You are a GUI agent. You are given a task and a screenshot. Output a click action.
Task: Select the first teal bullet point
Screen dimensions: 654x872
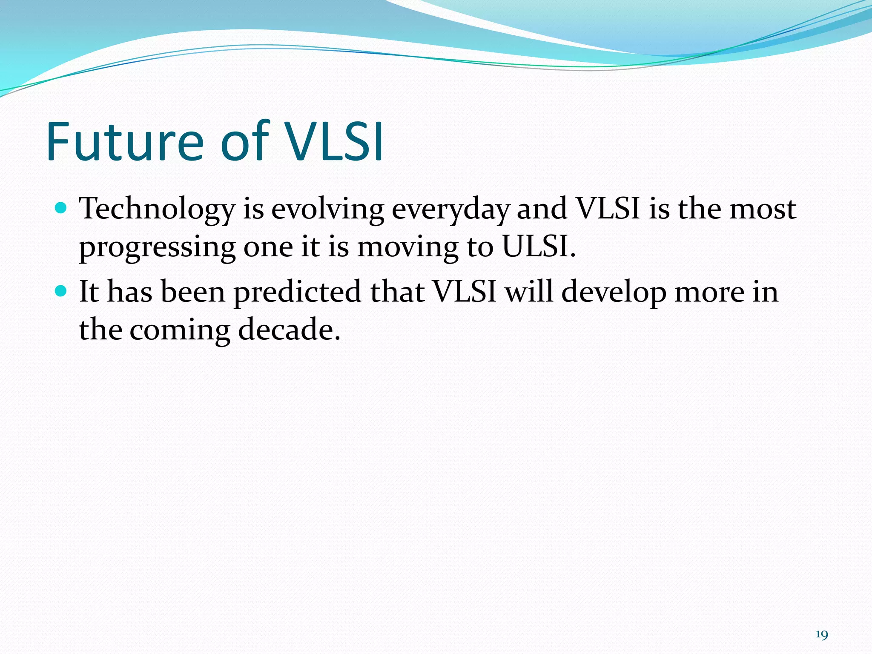[62, 208]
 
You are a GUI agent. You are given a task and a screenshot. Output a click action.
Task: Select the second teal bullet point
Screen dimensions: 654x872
[62, 291]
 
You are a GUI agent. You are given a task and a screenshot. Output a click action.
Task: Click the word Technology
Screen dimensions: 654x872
[157, 210]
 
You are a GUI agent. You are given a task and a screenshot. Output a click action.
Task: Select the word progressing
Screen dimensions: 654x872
[157, 248]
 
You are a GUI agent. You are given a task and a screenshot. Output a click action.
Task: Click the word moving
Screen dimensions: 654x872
[407, 248]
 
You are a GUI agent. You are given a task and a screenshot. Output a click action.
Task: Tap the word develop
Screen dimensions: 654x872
[614, 293]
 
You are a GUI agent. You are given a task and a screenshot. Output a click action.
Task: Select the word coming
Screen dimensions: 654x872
[179, 331]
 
